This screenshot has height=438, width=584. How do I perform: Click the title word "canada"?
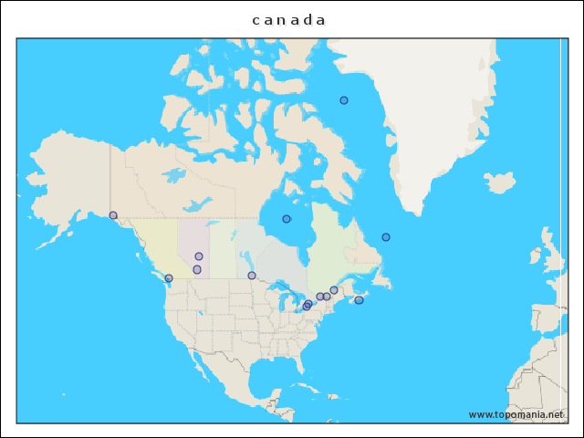[289, 20]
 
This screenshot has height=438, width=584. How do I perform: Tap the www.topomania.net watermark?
[516, 414]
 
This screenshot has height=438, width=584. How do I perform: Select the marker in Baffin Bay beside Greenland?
[344, 100]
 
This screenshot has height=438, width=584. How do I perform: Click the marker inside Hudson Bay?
[287, 219]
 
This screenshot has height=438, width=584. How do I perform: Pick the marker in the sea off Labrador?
[386, 237]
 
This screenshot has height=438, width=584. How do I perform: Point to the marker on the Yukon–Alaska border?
[113, 215]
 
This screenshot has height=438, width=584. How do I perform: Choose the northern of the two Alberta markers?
[199, 256]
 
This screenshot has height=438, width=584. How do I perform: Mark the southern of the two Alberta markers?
[197, 269]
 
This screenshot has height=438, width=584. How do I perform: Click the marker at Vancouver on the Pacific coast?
[169, 278]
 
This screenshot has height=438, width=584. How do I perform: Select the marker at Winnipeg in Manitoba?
[252, 276]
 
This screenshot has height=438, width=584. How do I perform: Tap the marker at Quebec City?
[334, 290]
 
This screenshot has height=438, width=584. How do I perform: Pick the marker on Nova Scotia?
[359, 300]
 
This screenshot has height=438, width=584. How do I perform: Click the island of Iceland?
[499, 183]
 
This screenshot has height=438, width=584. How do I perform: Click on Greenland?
[429, 119]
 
